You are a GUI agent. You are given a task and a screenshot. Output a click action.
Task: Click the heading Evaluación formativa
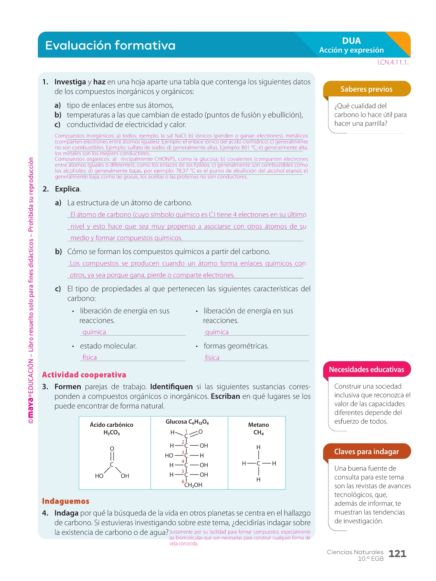pos(110,46)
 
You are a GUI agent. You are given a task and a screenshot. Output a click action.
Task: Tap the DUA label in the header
pos(351,41)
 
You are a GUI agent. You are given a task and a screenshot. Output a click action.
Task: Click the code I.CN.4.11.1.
pos(393,63)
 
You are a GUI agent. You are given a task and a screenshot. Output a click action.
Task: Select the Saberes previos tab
pos(367,89)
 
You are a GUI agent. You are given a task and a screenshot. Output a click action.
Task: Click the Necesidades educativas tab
pos(367,370)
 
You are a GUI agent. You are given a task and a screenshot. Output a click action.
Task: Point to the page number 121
pos(397,554)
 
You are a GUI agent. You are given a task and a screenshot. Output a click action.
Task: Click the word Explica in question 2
pos(67,189)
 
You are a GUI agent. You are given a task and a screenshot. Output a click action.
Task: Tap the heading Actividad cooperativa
pos(84,375)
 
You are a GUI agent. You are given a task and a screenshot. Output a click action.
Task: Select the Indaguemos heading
pos(66,501)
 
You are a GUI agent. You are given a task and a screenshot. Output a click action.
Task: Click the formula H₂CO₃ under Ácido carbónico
pos(112,433)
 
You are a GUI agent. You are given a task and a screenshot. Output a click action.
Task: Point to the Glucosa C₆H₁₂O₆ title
pos(187,422)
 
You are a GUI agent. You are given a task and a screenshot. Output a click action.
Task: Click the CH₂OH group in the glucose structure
pos(193,485)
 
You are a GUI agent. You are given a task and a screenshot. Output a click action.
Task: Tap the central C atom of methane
pos(258,464)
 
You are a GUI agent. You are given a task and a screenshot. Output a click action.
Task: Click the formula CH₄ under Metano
pos(258,433)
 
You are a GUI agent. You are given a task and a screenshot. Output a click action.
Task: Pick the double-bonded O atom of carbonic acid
pos(112,449)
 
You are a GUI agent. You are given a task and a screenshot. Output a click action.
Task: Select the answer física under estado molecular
pos(89,358)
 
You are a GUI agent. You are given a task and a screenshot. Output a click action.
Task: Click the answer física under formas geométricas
pos(212,358)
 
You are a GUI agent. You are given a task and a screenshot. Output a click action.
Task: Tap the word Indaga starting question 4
pos(66,513)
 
